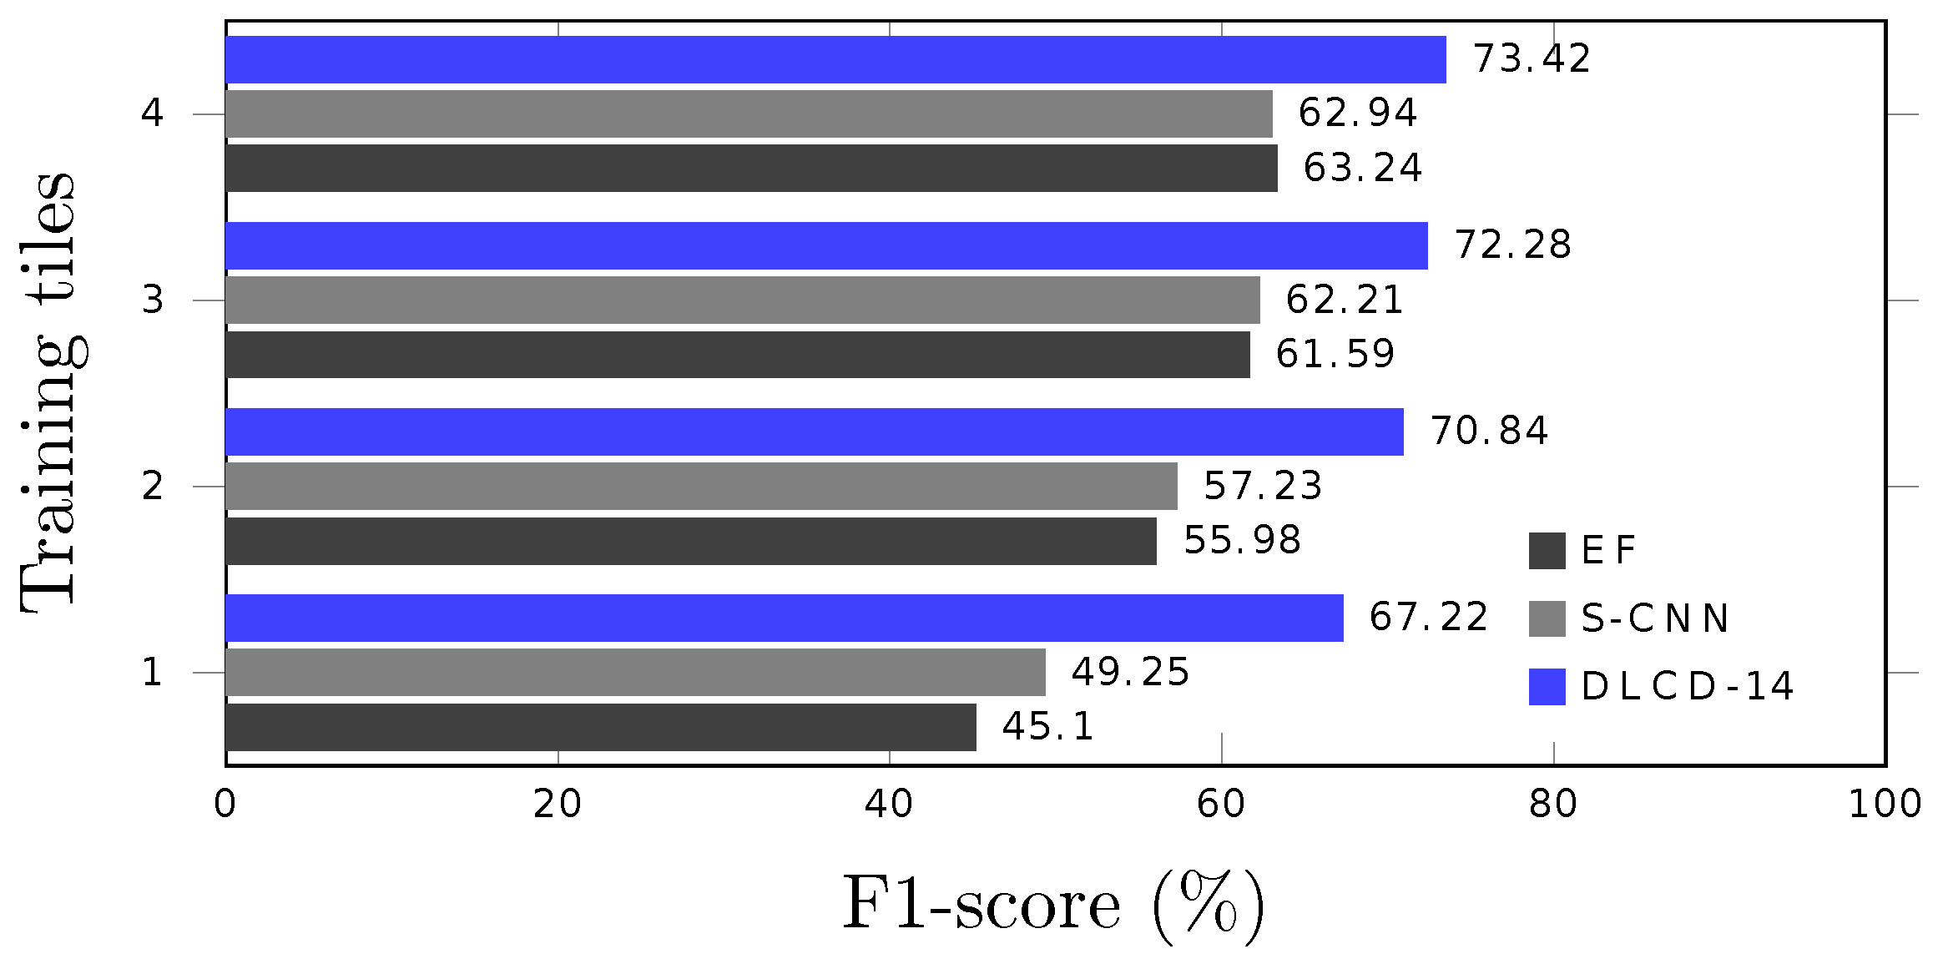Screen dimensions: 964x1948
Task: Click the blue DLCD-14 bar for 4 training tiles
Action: pyautogui.click(x=835, y=59)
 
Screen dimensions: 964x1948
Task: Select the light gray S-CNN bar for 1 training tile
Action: pyautogui.click(x=634, y=672)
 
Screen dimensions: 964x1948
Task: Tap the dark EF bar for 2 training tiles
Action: pyautogui.click(x=691, y=541)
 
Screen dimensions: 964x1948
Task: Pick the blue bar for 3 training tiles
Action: pyautogui.click(x=826, y=245)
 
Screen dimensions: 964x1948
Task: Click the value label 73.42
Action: pyautogui.click(x=1532, y=59)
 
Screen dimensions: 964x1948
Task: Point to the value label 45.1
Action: pyautogui.click(x=1047, y=727)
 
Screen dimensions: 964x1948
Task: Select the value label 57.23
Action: pyautogui.click(x=1262, y=486)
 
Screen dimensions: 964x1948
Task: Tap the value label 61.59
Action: pyautogui.click(x=1335, y=355)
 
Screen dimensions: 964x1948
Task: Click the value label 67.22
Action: pyautogui.click(x=1428, y=618)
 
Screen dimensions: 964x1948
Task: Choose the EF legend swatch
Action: pyautogui.click(x=1547, y=551)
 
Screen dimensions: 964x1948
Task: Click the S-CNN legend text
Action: pyautogui.click(x=1654, y=618)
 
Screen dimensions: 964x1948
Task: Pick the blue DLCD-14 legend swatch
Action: pyautogui.click(x=1547, y=687)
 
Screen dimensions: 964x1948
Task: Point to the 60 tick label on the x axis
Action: pyautogui.click(x=1221, y=804)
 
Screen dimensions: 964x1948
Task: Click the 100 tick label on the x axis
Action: pyautogui.click(x=1885, y=804)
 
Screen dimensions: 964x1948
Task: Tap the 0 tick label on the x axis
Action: pyautogui.click(x=225, y=804)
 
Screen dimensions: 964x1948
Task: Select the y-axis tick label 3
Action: pyautogui.click(x=152, y=300)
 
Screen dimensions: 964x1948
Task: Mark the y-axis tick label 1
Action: pyautogui.click(x=152, y=672)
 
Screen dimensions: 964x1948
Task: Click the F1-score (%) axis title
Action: pyautogui.click(x=1053, y=906)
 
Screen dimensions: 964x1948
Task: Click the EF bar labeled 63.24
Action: pyautogui.click(x=751, y=169)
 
